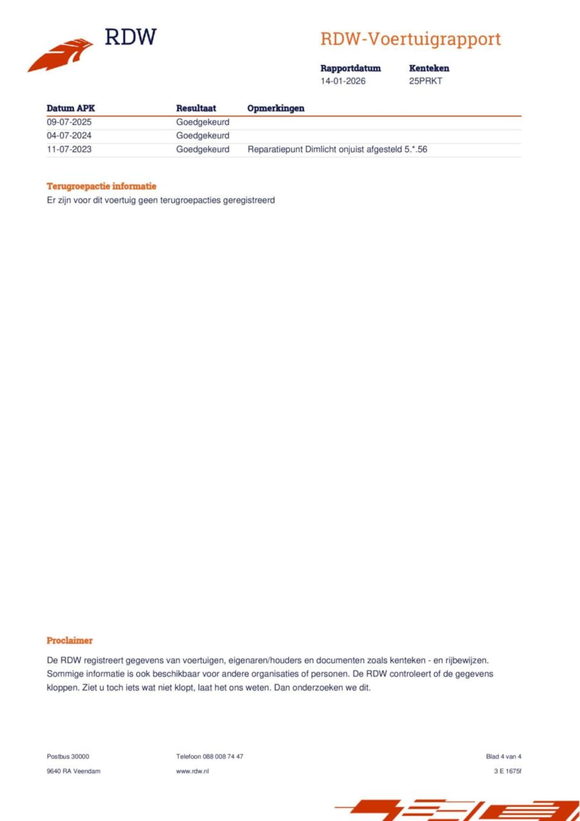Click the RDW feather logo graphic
61,54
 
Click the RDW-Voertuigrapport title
410,39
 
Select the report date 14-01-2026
343,81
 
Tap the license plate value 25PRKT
425,81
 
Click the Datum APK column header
71,108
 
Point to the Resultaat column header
196,108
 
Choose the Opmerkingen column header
275,108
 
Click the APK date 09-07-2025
69,122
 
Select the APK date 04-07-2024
69,135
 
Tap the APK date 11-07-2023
69,150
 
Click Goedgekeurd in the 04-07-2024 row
203,135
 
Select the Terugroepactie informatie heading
101,186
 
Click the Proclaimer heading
69,641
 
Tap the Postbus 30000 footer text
68,757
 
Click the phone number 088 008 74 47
223,757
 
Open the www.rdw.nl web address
192,771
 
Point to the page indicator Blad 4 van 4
503,757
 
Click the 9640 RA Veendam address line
73,771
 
